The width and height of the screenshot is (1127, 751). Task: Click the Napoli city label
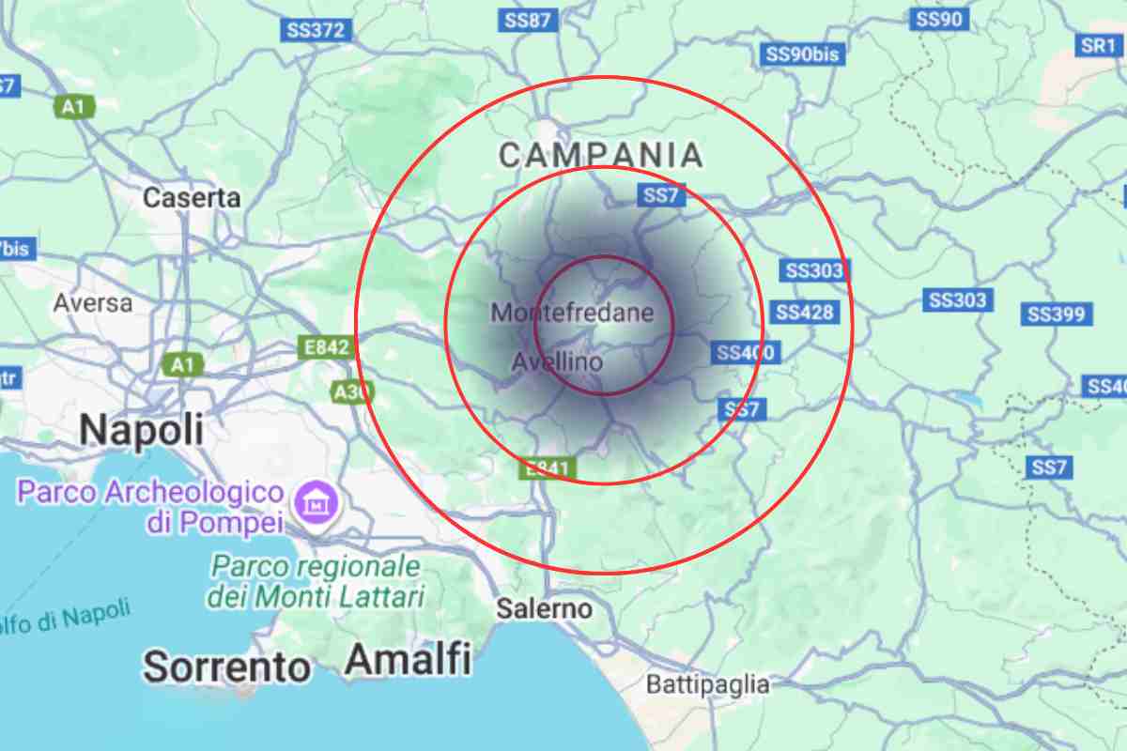click(141, 429)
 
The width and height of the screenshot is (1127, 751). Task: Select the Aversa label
click(93, 303)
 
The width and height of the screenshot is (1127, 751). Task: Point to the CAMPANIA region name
click(600, 155)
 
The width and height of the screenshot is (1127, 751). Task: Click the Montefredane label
click(572, 313)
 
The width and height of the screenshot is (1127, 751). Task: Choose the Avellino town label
click(557, 361)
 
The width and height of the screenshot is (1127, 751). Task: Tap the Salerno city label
click(545, 608)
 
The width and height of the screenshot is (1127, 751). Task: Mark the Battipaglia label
click(708, 684)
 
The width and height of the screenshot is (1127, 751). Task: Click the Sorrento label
click(226, 667)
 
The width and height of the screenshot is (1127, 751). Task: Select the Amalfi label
click(408, 660)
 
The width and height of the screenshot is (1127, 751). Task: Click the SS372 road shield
click(316, 30)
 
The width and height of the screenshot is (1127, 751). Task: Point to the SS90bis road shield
click(802, 54)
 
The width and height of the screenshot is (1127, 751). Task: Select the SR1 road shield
click(1096, 45)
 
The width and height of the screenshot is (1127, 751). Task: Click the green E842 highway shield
click(326, 347)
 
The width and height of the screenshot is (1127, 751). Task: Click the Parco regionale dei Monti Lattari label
click(316, 581)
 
